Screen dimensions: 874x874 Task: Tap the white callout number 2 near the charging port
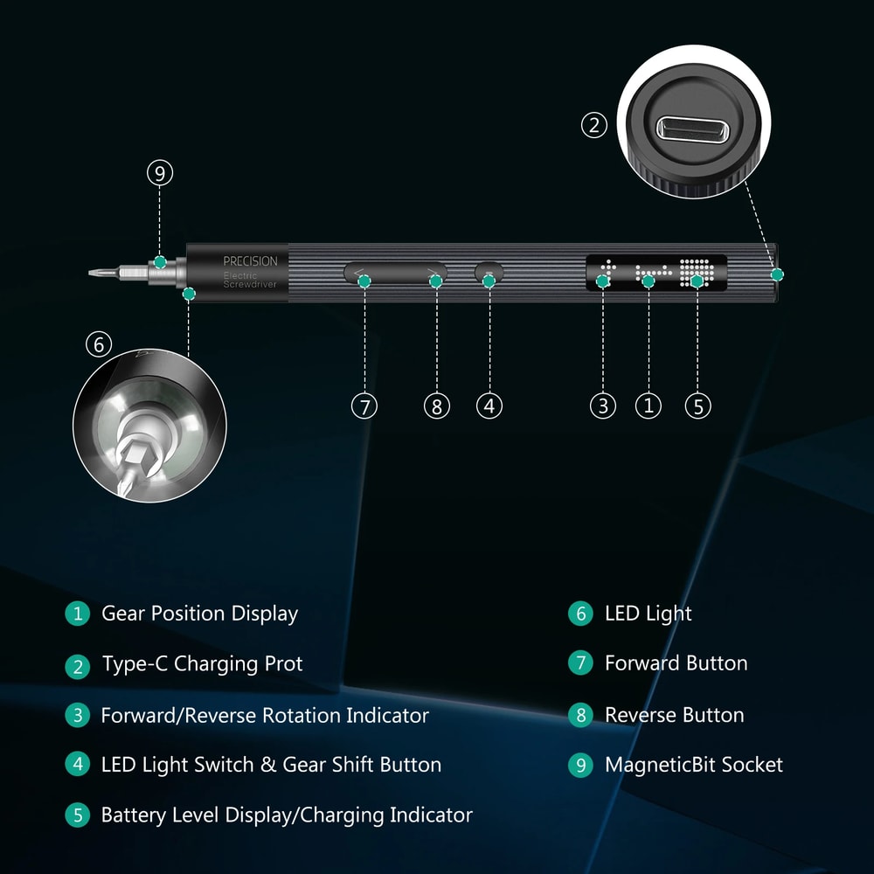click(594, 125)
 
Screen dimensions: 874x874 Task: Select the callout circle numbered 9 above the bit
click(159, 173)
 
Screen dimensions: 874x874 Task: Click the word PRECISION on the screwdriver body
click(250, 261)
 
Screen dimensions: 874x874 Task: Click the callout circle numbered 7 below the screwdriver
click(364, 406)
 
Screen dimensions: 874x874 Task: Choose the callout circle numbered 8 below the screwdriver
click(437, 406)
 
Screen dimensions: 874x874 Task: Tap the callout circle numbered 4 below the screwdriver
click(489, 406)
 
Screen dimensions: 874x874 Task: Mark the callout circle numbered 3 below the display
click(602, 406)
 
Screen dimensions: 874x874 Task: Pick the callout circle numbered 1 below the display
click(649, 406)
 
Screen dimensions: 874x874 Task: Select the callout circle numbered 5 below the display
click(697, 406)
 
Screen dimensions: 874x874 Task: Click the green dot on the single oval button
click(489, 281)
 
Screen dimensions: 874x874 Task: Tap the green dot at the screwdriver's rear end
click(777, 274)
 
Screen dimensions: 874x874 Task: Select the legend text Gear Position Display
click(199, 614)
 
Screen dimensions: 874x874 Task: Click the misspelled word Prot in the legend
click(284, 664)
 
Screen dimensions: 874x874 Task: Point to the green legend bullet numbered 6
click(580, 614)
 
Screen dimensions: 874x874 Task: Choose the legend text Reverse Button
click(674, 715)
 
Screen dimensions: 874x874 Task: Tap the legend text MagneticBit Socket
click(693, 765)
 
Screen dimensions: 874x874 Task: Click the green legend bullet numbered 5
click(78, 815)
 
